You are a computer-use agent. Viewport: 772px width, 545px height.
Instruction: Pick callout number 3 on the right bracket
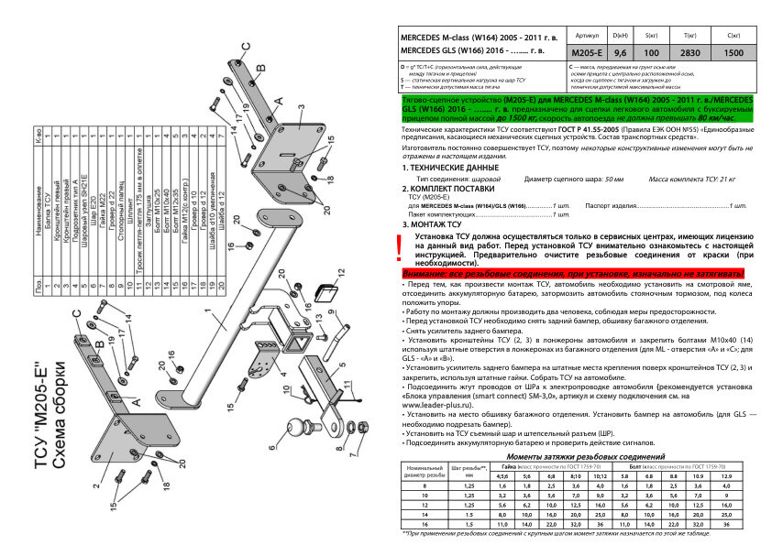pyautogui.click(x=300, y=106)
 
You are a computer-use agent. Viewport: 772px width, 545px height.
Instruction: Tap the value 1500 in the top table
pyautogui.click(x=733, y=52)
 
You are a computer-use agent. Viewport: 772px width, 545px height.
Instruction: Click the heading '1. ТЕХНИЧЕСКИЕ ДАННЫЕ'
pyautogui.click(x=436, y=169)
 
